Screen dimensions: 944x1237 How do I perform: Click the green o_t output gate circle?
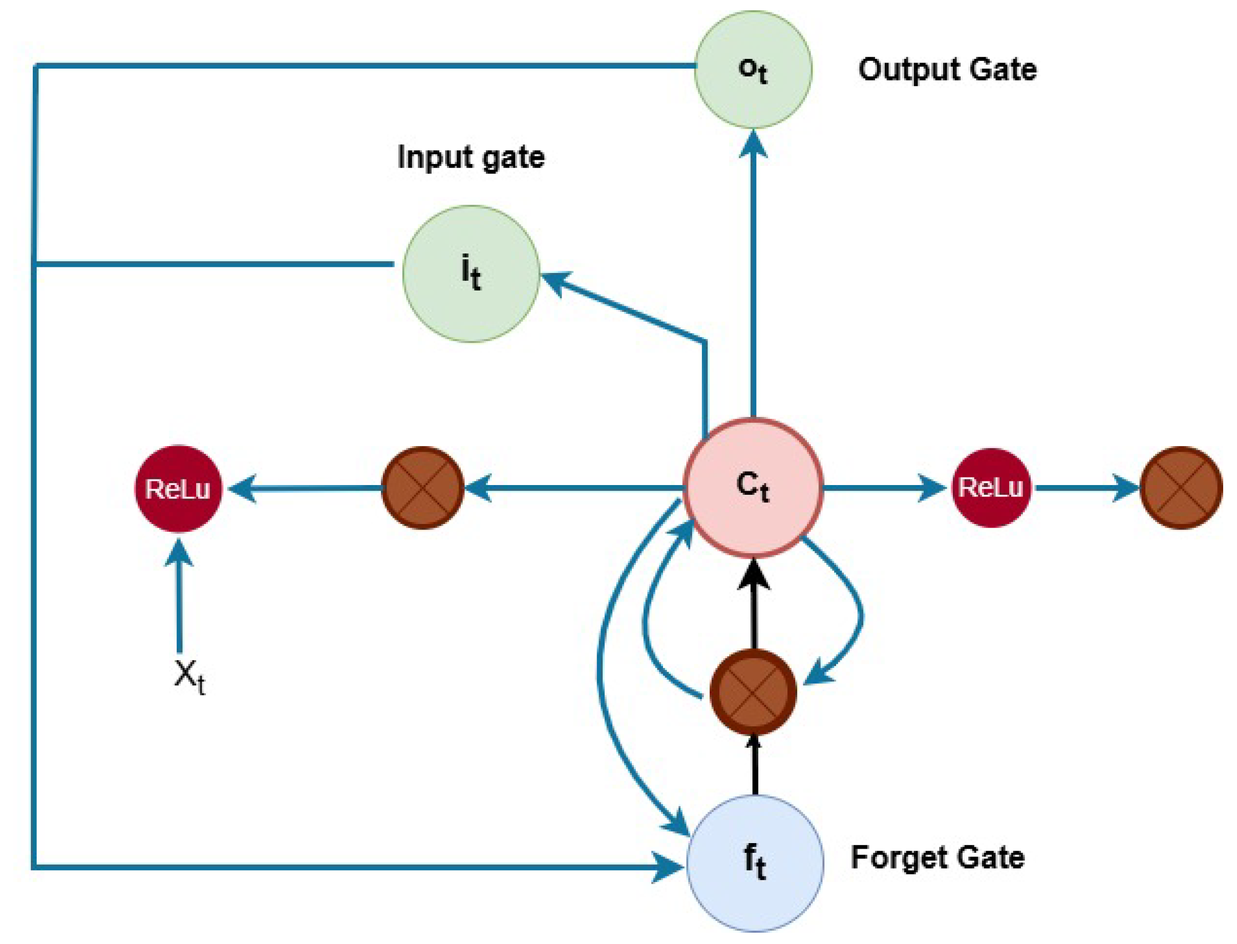pyautogui.click(x=753, y=69)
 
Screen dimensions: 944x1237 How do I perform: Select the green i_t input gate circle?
pyautogui.click(x=471, y=274)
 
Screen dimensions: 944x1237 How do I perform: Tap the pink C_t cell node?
pyautogui.click(x=753, y=487)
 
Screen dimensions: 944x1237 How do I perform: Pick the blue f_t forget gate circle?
pyautogui.click(x=755, y=863)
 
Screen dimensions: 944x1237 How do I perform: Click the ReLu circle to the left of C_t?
pyautogui.click(x=178, y=488)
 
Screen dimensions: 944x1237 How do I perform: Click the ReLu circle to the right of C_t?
pyautogui.click(x=990, y=487)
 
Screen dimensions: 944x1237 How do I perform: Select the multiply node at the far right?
pyautogui.click(x=1181, y=487)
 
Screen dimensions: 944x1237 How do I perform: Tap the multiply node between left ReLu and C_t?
pyautogui.click(x=422, y=487)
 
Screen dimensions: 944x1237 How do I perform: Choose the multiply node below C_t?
pyautogui.click(x=753, y=691)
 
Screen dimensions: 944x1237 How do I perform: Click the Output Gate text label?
pyautogui.click(x=947, y=70)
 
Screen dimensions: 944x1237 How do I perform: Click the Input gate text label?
pyautogui.click(x=471, y=157)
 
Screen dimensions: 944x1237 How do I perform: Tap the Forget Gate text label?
pyautogui.click(x=937, y=857)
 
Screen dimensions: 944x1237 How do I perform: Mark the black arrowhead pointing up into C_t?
pyautogui.click(x=753, y=575)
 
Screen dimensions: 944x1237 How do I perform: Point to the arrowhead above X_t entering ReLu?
pyautogui.click(x=179, y=554)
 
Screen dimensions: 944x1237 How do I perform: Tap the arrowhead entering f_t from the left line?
pyautogui.click(x=669, y=867)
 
